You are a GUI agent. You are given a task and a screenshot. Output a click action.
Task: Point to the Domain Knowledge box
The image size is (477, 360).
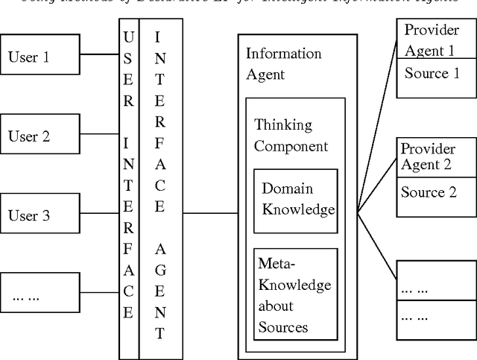coord(295,200)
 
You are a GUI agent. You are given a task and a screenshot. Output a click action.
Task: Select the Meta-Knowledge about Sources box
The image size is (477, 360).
coord(295,295)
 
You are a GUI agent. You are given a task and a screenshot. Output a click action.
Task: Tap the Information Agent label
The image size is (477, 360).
coord(284,63)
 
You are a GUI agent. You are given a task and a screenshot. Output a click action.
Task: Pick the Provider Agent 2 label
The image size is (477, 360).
coord(428,157)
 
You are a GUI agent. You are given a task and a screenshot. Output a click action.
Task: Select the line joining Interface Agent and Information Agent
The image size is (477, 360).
coord(210,213)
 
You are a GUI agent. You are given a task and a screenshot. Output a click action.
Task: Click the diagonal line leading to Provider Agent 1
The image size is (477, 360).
coord(376,135)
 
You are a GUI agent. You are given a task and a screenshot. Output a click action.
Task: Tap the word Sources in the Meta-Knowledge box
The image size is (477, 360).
coord(282,327)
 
